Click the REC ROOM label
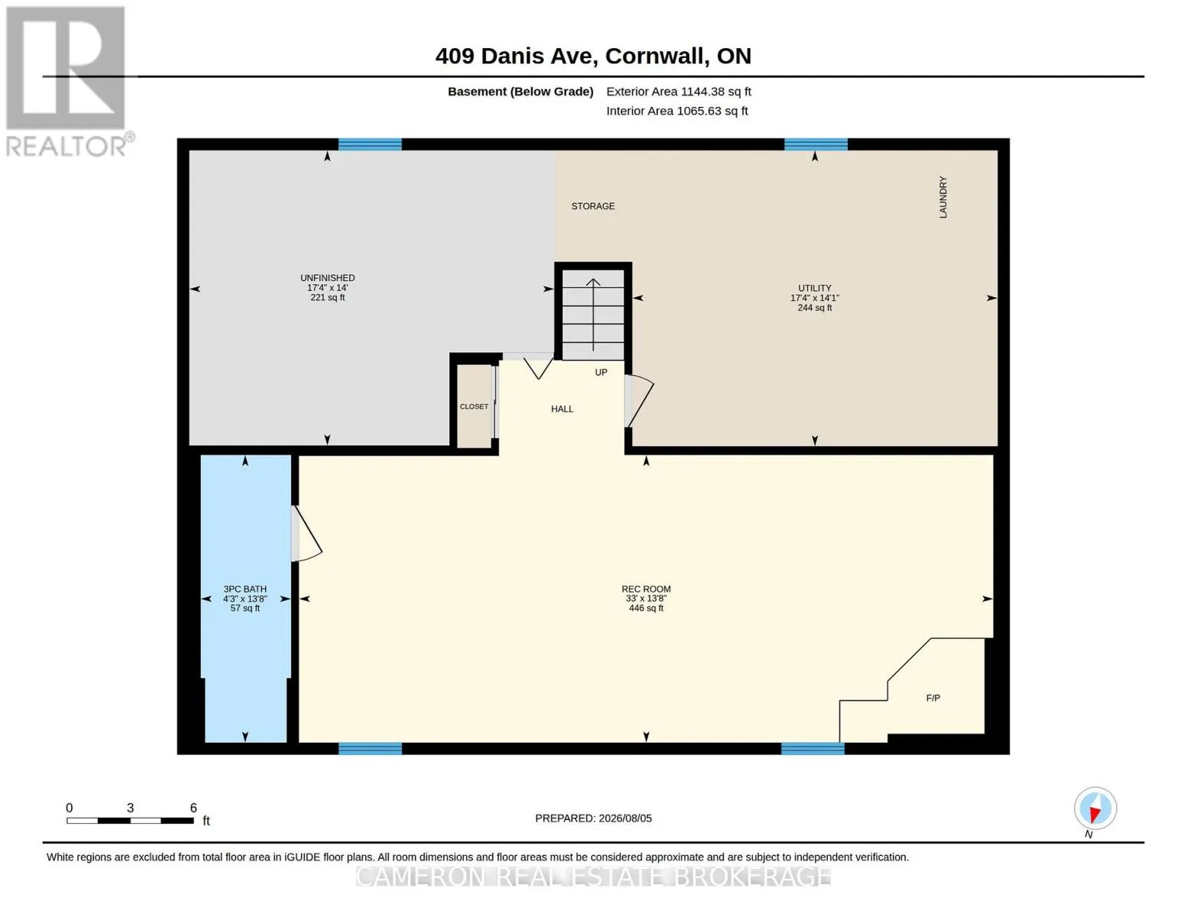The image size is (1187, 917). (x=646, y=588)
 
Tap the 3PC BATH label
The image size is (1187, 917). (x=245, y=588)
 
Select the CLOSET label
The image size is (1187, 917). (x=474, y=407)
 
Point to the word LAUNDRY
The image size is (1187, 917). (x=943, y=197)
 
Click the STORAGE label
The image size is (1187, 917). (x=592, y=206)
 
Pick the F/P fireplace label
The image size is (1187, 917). (x=933, y=698)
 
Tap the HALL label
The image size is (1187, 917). (x=562, y=409)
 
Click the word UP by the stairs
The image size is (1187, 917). (x=601, y=372)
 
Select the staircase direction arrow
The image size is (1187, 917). (x=593, y=315)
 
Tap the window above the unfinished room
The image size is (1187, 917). (x=370, y=144)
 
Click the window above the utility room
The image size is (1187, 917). (x=816, y=144)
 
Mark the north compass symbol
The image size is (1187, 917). (x=1095, y=808)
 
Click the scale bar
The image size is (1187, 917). (x=130, y=820)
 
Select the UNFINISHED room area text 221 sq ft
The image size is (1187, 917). (x=327, y=298)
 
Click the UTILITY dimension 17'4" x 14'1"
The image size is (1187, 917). (x=815, y=298)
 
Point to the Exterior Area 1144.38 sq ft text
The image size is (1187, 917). (x=679, y=92)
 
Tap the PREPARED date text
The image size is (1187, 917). (x=593, y=818)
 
